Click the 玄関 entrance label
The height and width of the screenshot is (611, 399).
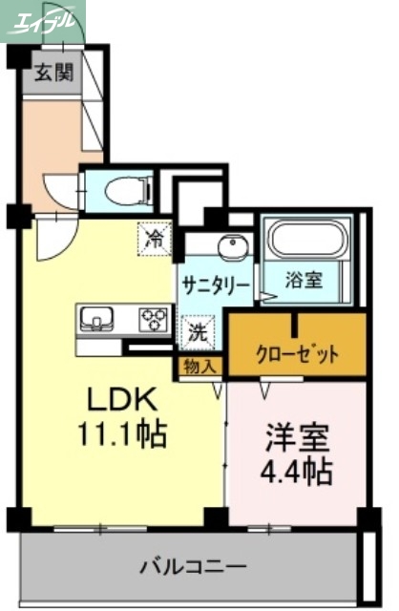tap(54, 73)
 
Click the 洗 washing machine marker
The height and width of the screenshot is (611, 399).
tap(196, 333)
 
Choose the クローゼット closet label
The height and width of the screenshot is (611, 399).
tap(296, 356)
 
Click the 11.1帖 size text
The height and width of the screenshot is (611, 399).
tap(122, 435)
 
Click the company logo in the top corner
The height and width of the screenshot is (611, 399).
tap(43, 19)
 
